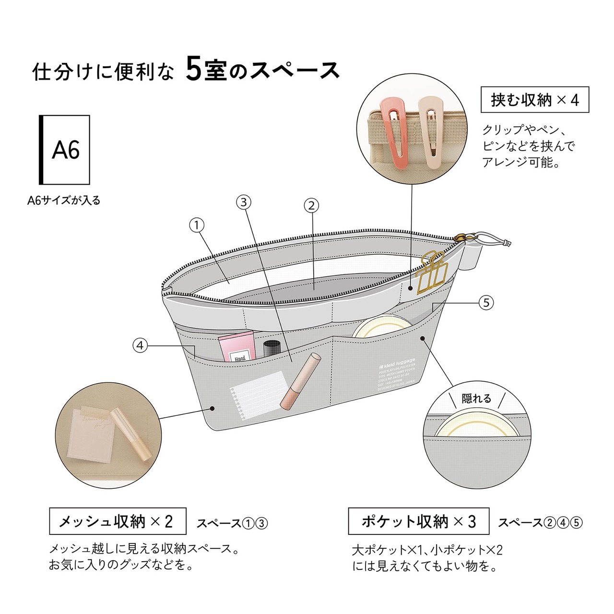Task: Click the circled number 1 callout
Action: (x=197, y=225)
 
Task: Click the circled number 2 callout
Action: (x=311, y=205)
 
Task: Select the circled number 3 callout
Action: (x=244, y=202)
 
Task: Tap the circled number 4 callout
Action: (x=140, y=345)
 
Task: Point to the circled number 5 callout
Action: (x=486, y=302)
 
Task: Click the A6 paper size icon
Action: (x=64, y=150)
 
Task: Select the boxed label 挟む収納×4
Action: (x=534, y=100)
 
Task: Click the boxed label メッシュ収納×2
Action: (x=118, y=521)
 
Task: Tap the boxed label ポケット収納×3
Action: (x=418, y=521)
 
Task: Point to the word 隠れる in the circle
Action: (x=476, y=398)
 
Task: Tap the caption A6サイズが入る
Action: (x=64, y=201)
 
